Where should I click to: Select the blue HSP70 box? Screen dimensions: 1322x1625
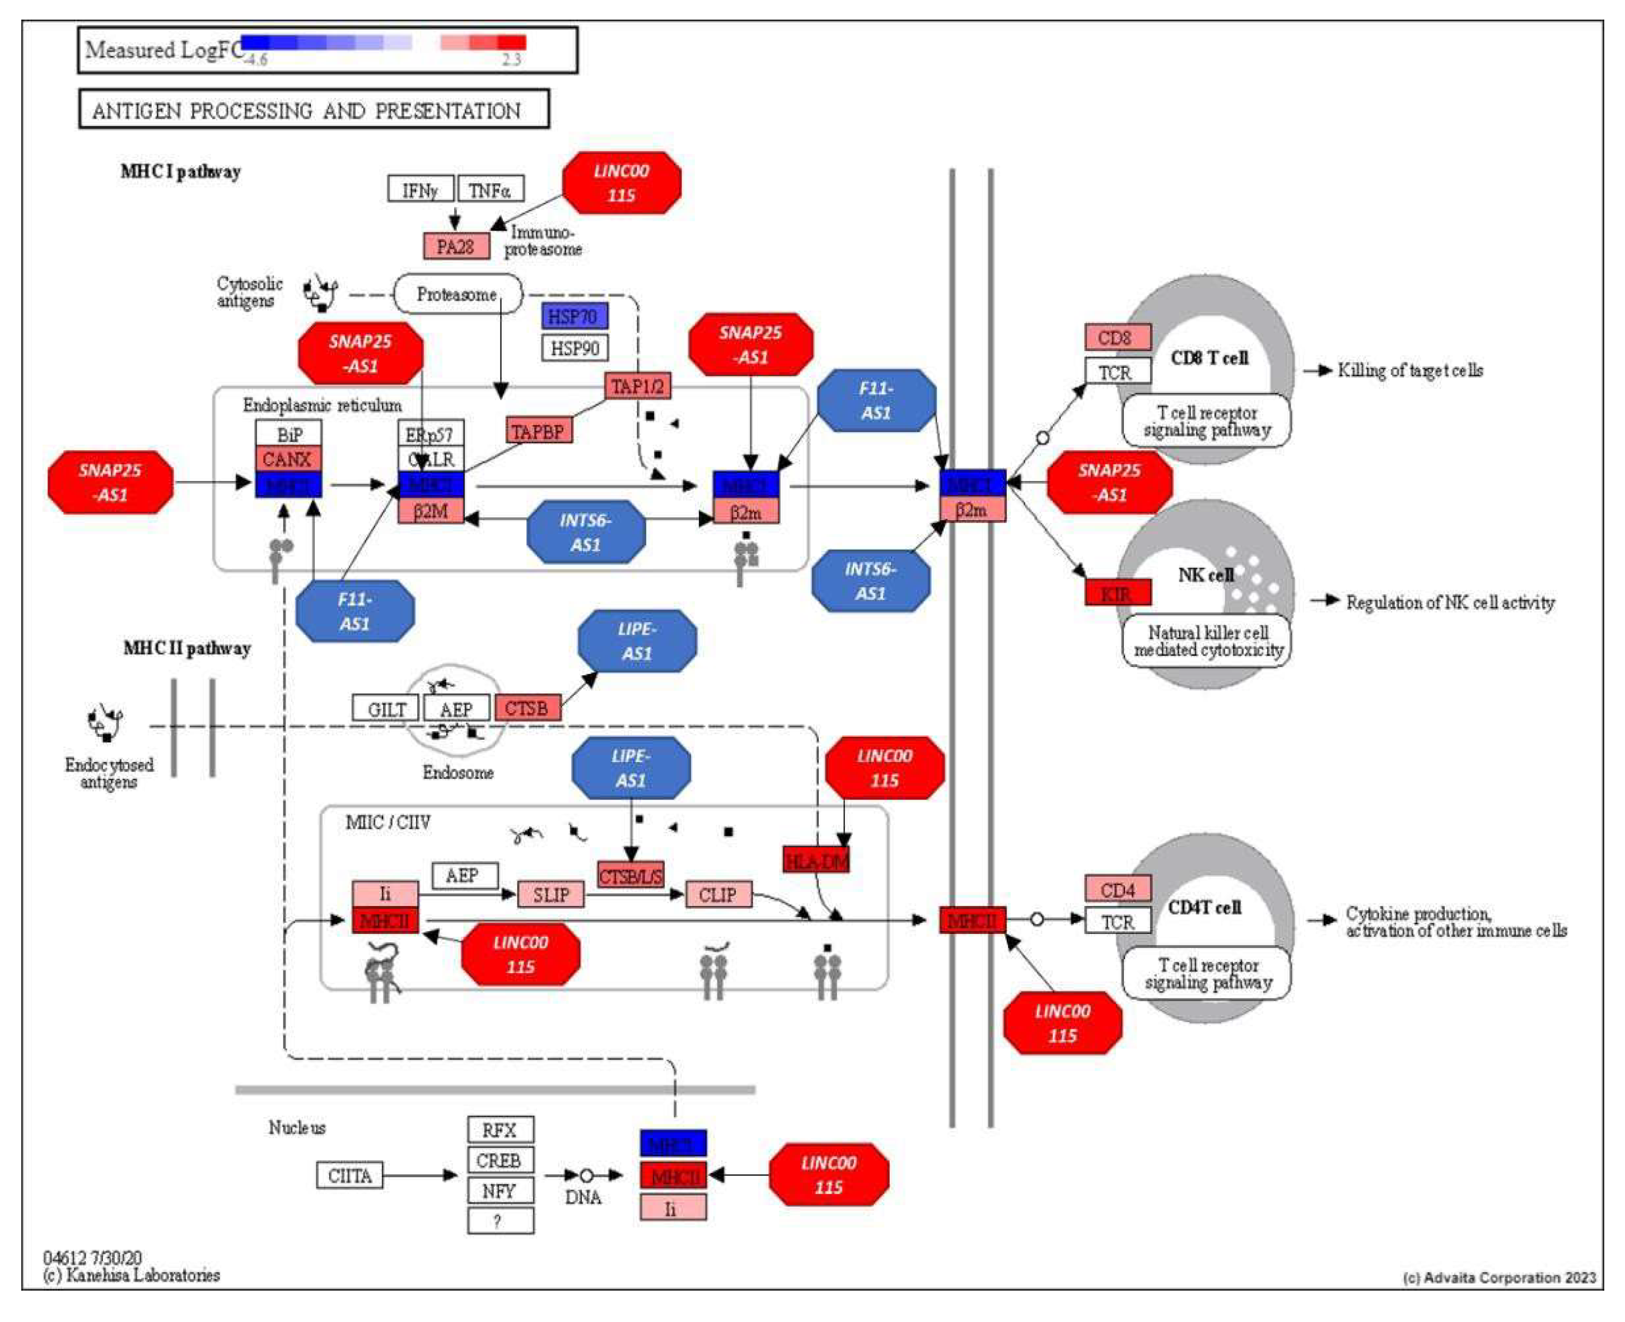click(575, 316)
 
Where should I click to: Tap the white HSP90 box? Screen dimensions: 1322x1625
click(575, 348)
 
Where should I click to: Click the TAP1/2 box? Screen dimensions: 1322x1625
click(637, 387)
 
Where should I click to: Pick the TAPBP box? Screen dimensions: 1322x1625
click(538, 432)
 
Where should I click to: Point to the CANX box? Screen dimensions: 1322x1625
click(288, 459)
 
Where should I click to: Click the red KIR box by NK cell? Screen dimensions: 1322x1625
click(1117, 593)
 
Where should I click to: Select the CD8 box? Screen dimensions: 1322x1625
click(1117, 337)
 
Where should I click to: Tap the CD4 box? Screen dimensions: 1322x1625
click(1117, 890)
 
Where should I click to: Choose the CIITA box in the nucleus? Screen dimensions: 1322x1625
click(349, 1176)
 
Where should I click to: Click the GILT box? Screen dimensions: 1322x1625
click(385, 709)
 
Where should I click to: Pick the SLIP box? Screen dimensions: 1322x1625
click(550, 895)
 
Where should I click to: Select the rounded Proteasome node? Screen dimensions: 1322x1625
click(457, 294)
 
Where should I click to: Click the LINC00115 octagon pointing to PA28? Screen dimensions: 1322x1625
click(622, 183)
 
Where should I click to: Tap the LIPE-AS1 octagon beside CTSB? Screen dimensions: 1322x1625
click(637, 641)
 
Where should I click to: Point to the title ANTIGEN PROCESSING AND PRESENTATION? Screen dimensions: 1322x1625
click(314, 110)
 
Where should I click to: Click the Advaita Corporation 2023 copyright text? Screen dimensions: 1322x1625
click(1498, 1278)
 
